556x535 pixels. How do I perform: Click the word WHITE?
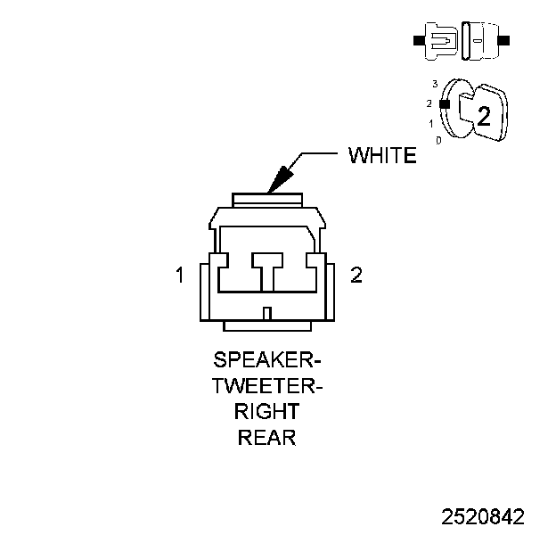pyautogui.click(x=381, y=155)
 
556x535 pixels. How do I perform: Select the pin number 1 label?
pyautogui.click(x=180, y=276)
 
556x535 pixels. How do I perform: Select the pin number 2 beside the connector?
pyautogui.click(x=356, y=276)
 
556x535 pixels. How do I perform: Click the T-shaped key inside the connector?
pyautogui.click(x=267, y=268)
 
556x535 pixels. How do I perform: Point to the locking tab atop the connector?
pyautogui.click(x=267, y=198)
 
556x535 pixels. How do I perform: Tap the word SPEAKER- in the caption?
pyautogui.click(x=267, y=361)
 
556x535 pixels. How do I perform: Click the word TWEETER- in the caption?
pyautogui.click(x=267, y=387)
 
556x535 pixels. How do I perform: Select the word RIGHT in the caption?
pyautogui.click(x=267, y=412)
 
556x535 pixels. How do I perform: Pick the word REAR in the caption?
pyautogui.click(x=267, y=438)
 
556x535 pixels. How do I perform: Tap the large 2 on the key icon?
pyautogui.click(x=484, y=116)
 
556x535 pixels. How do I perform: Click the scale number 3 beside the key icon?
pyautogui.click(x=434, y=83)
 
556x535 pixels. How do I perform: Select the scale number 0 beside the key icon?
pyautogui.click(x=438, y=141)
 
